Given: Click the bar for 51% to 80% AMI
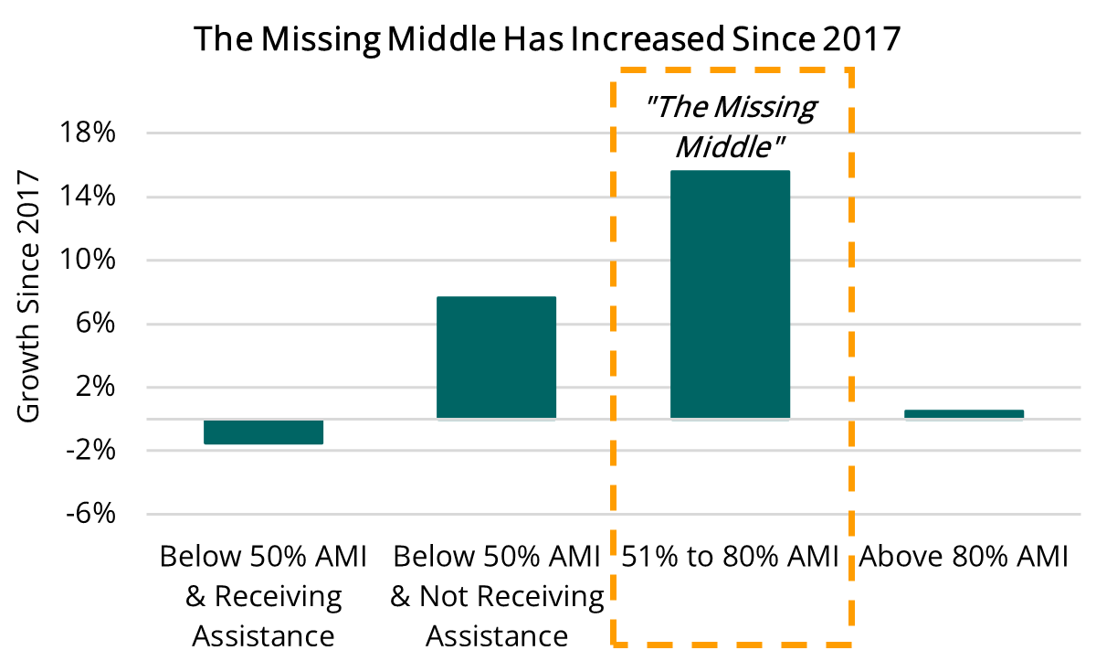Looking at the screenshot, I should click(730, 294).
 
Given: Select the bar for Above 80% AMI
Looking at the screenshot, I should click(964, 414).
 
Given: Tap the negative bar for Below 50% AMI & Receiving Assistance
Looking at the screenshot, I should click(263, 432).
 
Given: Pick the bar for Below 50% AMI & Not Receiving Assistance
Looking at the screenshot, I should click(496, 357).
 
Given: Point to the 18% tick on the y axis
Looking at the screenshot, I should click(89, 133).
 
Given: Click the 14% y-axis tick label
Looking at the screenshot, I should click(89, 197).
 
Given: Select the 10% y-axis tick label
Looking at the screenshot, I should click(89, 261).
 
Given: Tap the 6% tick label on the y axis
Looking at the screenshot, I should click(96, 324).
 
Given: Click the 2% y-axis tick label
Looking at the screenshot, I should click(96, 388).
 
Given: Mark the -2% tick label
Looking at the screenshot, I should click(92, 451).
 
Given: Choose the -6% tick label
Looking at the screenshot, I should click(92, 515).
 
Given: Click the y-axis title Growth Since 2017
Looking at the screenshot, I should click(29, 296).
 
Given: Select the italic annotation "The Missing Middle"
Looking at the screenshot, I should click(730, 125).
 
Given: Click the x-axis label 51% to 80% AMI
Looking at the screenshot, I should click(730, 556).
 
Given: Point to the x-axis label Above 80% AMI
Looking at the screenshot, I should click(964, 556).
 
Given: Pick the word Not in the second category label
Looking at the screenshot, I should click(448, 596).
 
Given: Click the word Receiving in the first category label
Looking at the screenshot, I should click(278, 596).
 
